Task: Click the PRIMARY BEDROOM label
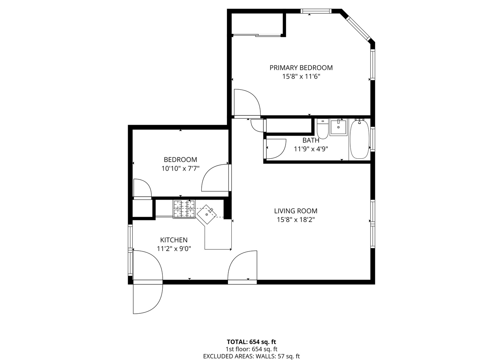pos(301,68)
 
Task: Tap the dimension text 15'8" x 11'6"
pos(301,77)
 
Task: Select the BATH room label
pos(311,140)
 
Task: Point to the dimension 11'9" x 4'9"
pos(311,149)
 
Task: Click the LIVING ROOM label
pos(296,211)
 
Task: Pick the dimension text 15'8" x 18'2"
pos(296,220)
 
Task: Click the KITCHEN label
pos(174,240)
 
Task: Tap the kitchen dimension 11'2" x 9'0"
pos(174,249)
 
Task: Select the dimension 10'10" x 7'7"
pos(180,169)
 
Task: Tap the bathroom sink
pos(338,127)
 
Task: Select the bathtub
pos(360,139)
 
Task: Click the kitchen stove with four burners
pos(184,209)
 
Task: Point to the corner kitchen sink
pos(207,214)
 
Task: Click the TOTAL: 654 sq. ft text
pos(251,342)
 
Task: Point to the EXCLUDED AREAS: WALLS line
pos(251,356)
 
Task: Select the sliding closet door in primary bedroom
pos(257,35)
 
